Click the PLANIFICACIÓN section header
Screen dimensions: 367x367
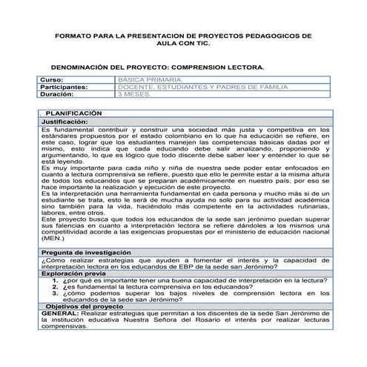coord(74,113)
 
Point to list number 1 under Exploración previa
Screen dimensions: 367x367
coord(54,281)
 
